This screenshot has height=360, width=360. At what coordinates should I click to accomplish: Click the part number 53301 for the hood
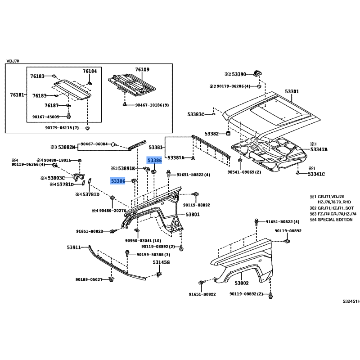tap(292, 91)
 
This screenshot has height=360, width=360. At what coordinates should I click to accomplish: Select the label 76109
tap(142, 69)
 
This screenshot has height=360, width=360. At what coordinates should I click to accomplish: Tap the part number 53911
tap(74, 247)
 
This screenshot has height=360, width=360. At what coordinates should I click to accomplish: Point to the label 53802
tap(242, 283)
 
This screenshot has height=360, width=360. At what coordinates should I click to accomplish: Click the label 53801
tap(193, 215)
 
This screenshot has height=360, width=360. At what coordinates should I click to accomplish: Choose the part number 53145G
tap(161, 262)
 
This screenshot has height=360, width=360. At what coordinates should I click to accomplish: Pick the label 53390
tap(239, 74)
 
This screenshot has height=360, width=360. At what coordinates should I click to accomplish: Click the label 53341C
tap(316, 174)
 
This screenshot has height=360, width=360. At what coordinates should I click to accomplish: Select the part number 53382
tap(211, 134)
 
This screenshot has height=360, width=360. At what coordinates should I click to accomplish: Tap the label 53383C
tap(196, 114)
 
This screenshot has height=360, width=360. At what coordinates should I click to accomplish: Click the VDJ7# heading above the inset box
tap(13, 61)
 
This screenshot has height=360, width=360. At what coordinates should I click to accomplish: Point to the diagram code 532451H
tap(351, 301)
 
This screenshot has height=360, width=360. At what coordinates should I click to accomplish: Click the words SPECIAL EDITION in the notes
tap(335, 220)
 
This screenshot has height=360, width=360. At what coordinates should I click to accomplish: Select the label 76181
tap(17, 94)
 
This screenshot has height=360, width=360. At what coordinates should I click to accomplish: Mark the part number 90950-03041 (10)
tap(143, 241)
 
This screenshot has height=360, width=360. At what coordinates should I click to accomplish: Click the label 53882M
tap(67, 147)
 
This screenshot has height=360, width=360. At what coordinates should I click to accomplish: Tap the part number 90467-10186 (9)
tap(152, 105)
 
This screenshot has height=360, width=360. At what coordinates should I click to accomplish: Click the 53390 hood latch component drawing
tap(257, 73)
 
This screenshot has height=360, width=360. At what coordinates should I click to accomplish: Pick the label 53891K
tap(126, 168)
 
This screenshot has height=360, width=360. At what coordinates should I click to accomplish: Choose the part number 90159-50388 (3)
tap(153, 255)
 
